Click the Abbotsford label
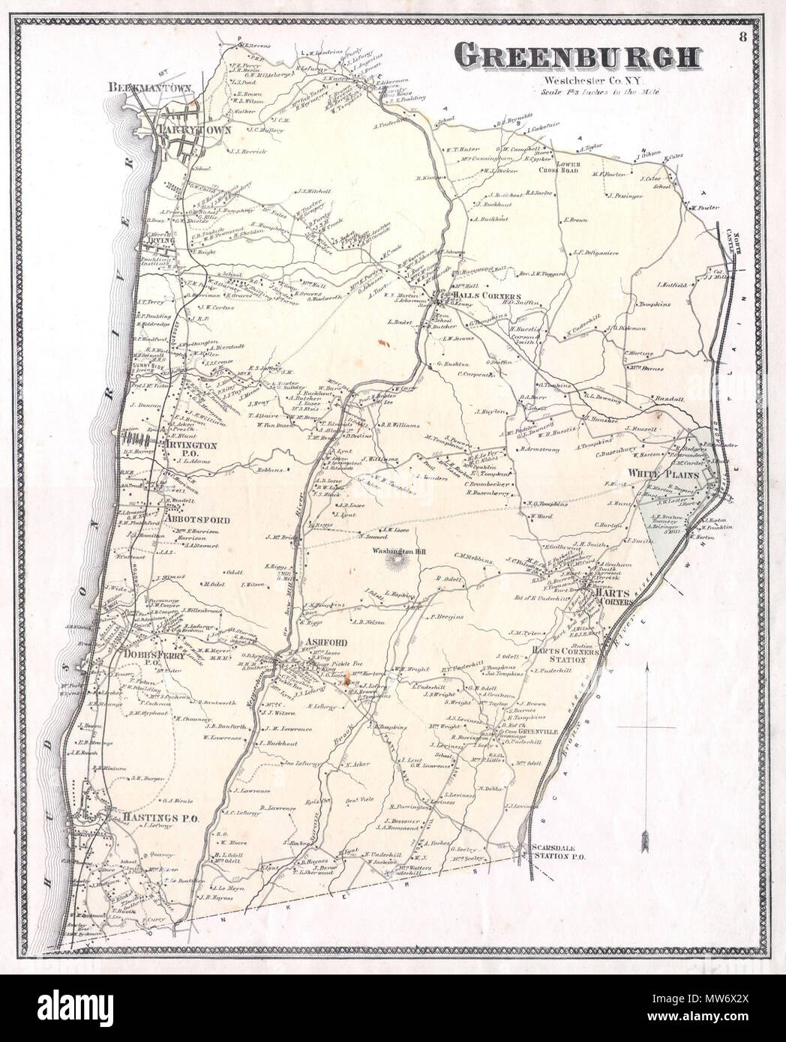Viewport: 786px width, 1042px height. [x=190, y=518]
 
